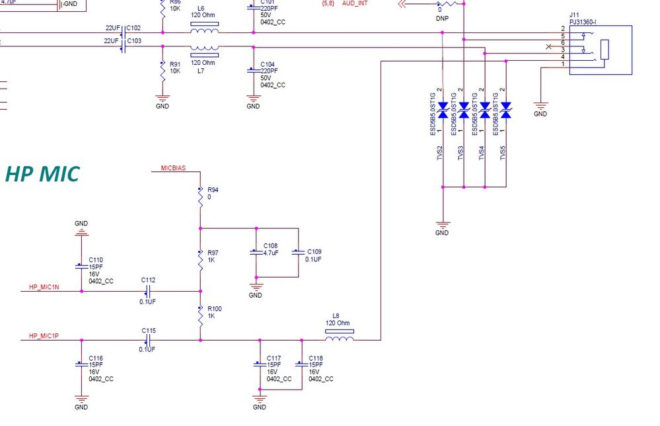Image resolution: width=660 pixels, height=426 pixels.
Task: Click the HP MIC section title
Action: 42,174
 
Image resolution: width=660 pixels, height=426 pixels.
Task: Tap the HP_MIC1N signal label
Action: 44,287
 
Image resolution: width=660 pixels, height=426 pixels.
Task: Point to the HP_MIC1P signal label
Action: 44,336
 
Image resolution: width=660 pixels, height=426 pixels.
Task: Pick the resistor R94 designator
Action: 213,190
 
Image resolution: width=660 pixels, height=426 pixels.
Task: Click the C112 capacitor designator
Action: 148,279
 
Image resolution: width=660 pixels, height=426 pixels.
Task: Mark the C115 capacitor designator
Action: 148,330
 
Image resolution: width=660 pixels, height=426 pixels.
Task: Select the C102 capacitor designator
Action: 133,28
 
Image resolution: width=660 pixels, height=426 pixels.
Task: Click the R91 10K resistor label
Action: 174,67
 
